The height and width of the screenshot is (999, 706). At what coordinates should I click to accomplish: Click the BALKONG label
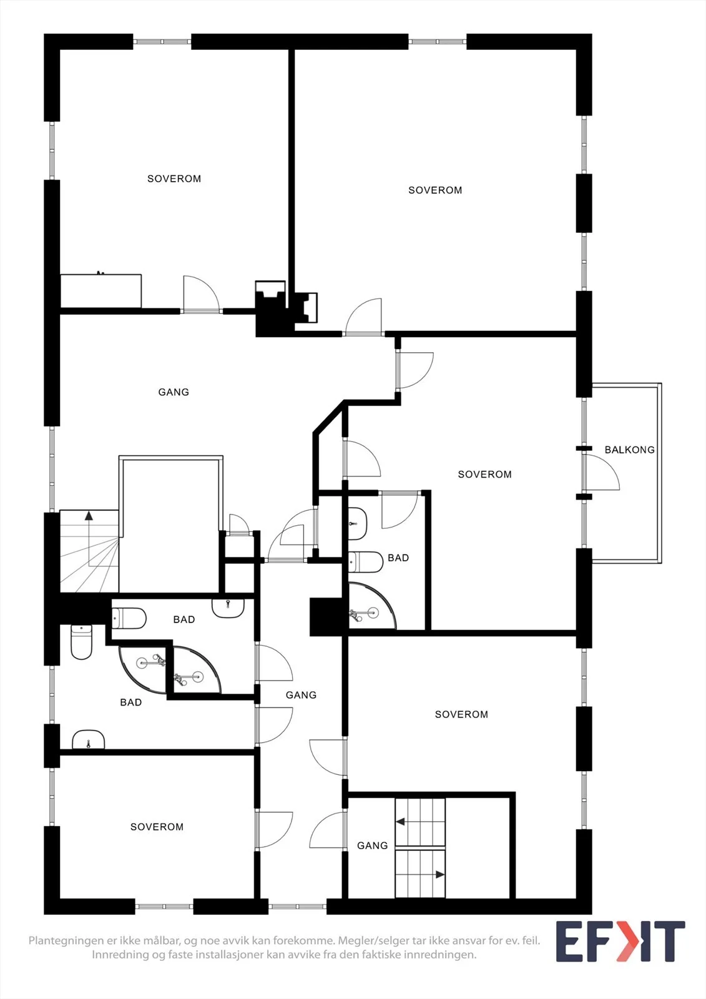point(629,450)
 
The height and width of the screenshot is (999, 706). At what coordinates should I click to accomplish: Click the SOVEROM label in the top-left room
point(174,179)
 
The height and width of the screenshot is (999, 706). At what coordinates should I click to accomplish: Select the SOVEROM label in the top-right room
point(435,190)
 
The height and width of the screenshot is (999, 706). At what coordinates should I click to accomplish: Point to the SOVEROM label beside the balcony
point(484,475)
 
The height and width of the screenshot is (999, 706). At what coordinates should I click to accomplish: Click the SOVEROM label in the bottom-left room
point(157,827)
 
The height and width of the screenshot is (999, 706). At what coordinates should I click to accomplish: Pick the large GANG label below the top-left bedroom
point(174,392)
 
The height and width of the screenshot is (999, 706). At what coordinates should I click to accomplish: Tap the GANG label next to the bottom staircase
point(373,845)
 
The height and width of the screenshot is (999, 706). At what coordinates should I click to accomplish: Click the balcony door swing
point(602,472)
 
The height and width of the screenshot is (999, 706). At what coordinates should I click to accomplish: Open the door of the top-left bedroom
point(201,293)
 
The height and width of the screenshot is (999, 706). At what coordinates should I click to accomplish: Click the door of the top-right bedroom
point(363,316)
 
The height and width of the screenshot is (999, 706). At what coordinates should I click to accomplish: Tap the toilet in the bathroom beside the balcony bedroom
point(365,562)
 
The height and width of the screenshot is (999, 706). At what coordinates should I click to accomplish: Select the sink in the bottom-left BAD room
point(88,740)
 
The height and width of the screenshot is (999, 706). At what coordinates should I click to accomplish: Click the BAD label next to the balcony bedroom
point(398,558)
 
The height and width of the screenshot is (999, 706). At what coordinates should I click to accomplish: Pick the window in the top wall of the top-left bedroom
point(162,41)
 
